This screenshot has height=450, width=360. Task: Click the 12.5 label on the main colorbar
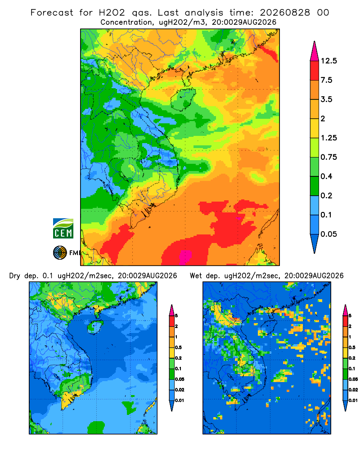point(328,61)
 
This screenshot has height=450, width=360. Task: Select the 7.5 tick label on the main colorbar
point(326,80)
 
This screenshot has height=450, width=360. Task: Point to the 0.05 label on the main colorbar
point(328,234)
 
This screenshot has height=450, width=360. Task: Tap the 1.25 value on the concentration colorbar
point(328,138)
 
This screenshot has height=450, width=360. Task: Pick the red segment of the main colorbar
point(315,71)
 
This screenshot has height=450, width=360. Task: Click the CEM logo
point(63,229)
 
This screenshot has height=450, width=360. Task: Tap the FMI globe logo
point(60,253)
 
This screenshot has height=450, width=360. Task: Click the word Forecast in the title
point(52,13)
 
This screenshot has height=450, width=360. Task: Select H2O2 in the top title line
point(112,13)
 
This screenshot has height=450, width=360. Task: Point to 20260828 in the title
point(285,13)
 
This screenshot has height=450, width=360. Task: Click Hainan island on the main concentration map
point(183,99)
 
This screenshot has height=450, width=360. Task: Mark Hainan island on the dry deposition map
point(95,327)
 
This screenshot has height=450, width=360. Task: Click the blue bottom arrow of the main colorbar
point(315,243)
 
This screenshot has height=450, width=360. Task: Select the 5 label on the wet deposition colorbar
point(350,316)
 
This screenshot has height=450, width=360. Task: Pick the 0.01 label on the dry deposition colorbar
point(180,400)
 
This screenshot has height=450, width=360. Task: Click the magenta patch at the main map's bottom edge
point(185,257)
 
